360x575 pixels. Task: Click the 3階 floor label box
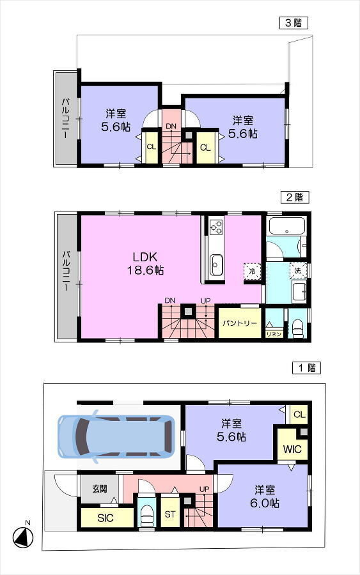(x=293, y=23)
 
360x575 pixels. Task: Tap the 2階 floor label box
(x=295, y=197)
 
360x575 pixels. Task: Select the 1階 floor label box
(x=306, y=367)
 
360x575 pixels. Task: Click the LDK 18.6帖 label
(x=146, y=263)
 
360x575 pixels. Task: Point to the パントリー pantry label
(x=240, y=323)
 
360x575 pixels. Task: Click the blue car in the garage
(x=116, y=436)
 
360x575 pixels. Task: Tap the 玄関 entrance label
(x=100, y=489)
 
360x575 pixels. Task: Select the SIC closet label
(x=106, y=518)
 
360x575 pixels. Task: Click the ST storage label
(x=170, y=514)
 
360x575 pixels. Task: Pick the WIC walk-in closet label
(x=292, y=449)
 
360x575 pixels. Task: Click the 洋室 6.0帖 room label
(x=265, y=496)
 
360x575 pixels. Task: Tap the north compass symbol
(x=23, y=537)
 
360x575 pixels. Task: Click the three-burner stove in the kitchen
(x=216, y=226)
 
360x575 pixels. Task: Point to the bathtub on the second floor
(x=287, y=226)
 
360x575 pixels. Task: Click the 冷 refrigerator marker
(x=253, y=272)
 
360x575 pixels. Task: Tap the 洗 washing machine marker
(x=297, y=271)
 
